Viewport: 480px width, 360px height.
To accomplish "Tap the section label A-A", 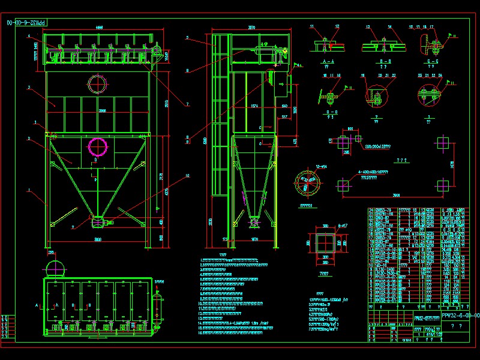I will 328,62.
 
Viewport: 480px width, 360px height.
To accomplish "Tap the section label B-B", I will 378,62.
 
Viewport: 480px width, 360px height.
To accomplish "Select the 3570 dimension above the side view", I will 252,28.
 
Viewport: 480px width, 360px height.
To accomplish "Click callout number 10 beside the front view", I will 187,176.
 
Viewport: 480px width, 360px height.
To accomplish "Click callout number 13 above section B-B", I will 366,27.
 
